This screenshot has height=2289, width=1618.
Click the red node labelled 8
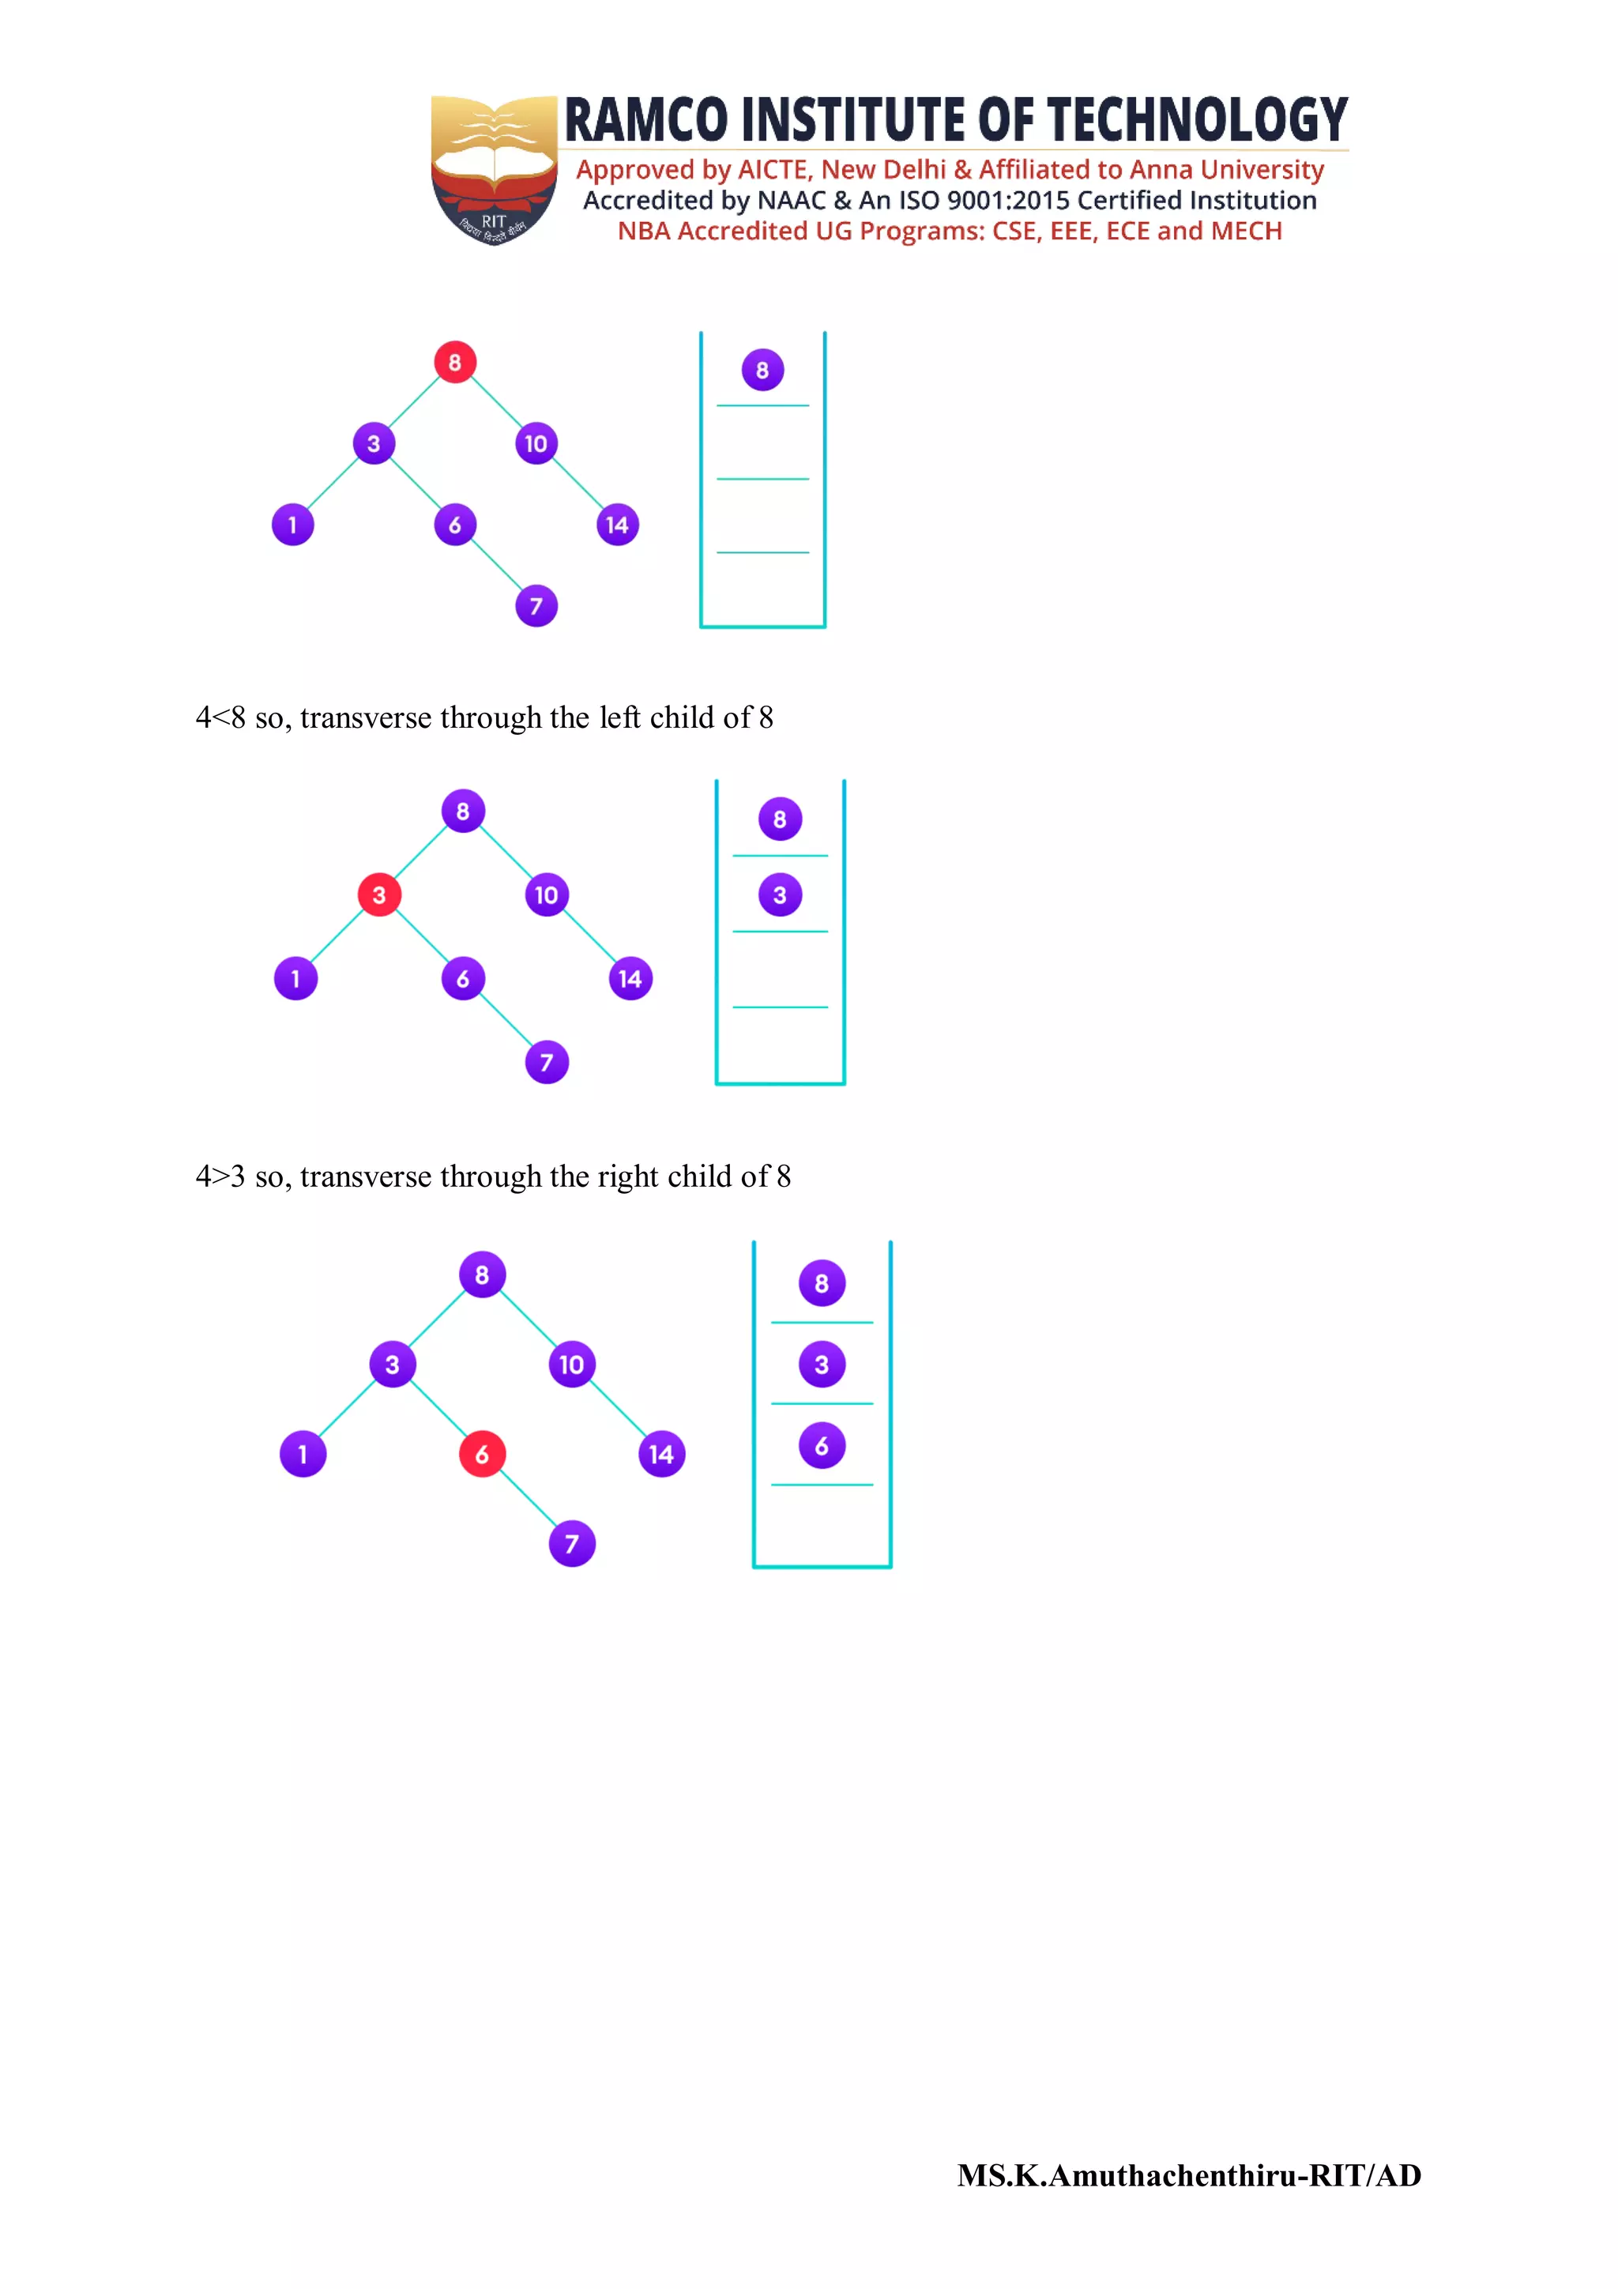click(x=454, y=362)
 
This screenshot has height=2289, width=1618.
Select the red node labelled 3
click(x=379, y=894)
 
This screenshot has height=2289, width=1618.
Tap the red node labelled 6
click(x=481, y=1454)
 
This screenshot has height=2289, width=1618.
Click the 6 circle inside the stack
click(x=822, y=1446)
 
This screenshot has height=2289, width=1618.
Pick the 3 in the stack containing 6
click(x=822, y=1364)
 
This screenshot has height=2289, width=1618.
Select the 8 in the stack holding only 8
click(x=762, y=370)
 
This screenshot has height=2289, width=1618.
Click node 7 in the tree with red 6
click(x=571, y=1543)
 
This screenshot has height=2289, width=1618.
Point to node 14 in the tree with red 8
click(x=617, y=525)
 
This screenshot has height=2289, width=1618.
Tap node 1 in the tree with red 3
click(x=295, y=978)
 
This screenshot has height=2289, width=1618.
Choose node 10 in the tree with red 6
click(x=571, y=1364)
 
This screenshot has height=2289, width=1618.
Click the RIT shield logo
click(x=494, y=169)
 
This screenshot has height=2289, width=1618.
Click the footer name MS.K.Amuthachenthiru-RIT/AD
click(x=1188, y=2175)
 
